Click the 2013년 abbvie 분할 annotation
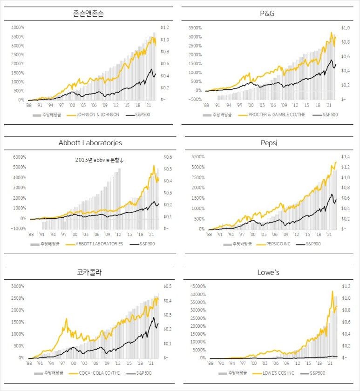tap(100, 160)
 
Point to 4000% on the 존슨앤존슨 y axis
tap(17, 27)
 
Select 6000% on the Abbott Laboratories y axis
tap(17, 157)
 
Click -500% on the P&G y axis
tap(196, 100)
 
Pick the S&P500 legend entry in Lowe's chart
tap(317, 373)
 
